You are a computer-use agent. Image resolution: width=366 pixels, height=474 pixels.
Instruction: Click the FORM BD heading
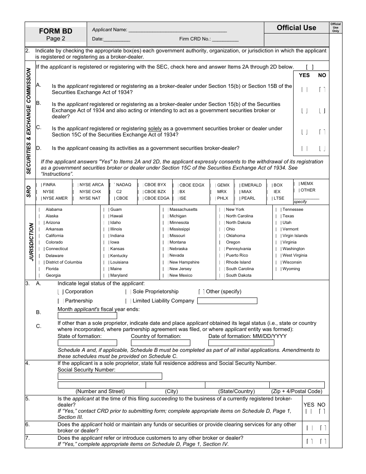tap(55, 31)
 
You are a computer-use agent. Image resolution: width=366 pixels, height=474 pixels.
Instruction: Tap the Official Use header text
tap(296, 28)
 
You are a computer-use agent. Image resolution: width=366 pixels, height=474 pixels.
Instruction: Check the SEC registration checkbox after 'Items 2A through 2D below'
tap(309, 67)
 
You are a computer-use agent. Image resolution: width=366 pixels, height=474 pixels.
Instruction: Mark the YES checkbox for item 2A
tap(304, 89)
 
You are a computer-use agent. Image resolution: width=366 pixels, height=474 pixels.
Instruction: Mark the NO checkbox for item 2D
tap(322, 148)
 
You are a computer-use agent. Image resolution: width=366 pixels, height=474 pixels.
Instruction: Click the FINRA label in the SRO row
tap(49, 185)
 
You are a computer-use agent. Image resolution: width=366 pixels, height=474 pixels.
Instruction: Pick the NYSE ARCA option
tap(91, 185)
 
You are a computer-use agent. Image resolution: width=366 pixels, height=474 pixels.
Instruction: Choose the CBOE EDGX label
tap(192, 185)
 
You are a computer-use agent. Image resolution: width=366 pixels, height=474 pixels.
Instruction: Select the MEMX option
tap(307, 184)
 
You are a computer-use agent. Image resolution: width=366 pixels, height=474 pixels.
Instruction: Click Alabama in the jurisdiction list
tap(54, 210)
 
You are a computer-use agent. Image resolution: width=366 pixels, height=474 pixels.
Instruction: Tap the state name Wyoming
tap(291, 269)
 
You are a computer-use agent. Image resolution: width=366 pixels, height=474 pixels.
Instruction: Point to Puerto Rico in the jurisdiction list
tap(237, 255)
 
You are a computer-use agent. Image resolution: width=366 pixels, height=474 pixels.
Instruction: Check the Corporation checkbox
tap(60, 292)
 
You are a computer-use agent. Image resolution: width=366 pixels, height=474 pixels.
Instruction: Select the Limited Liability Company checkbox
tap(128, 301)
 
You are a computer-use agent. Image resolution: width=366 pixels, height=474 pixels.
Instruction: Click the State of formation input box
tap(87, 343)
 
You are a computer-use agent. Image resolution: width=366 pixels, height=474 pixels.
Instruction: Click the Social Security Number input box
tap(109, 376)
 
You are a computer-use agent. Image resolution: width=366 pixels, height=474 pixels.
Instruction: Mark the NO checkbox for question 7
tap(322, 441)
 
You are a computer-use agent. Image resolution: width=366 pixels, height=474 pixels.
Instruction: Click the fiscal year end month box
tap(82, 316)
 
